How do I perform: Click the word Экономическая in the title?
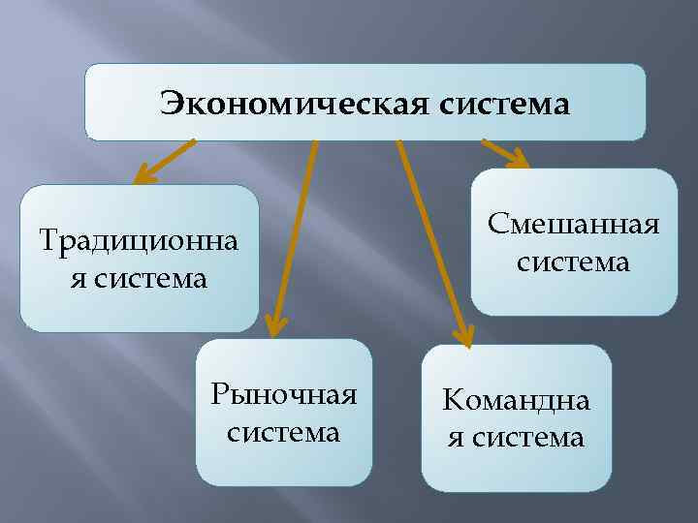pyautogui.click(x=282, y=102)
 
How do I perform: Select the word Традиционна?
pyautogui.click(x=139, y=238)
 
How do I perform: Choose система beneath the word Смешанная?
pyautogui.click(x=574, y=261)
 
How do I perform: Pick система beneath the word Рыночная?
pyautogui.click(x=284, y=432)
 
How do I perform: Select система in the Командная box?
pyautogui.click(x=529, y=438)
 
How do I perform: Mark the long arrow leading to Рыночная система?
pyautogui.click(x=294, y=232)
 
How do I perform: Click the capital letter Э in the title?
pyautogui.click(x=172, y=102)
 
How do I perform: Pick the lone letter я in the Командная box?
pyautogui.click(x=453, y=438)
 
